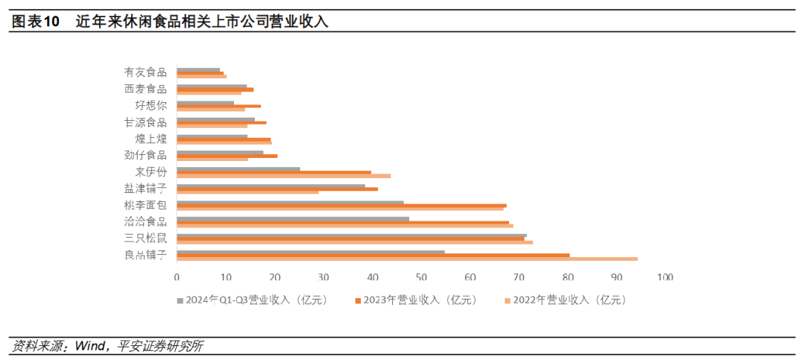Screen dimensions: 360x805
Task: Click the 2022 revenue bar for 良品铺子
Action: (x=407, y=259)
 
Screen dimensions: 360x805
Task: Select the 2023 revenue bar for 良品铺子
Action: (x=373, y=255)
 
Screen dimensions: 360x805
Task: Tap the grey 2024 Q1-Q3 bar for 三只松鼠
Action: (x=351, y=236)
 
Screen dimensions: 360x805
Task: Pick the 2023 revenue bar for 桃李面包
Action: (x=341, y=205)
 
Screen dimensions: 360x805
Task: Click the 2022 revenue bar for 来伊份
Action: (x=283, y=176)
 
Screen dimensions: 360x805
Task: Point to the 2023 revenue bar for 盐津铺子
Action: (x=277, y=189)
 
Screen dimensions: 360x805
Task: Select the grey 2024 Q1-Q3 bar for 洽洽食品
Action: (x=293, y=218)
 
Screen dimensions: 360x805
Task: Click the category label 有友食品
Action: (x=145, y=72)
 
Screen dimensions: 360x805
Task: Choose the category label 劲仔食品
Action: (x=145, y=155)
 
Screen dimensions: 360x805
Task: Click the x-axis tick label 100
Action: (x=665, y=277)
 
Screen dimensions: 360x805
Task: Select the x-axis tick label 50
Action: (x=421, y=277)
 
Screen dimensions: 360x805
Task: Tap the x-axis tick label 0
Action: (x=177, y=277)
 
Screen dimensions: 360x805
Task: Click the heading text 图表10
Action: (x=35, y=22)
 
